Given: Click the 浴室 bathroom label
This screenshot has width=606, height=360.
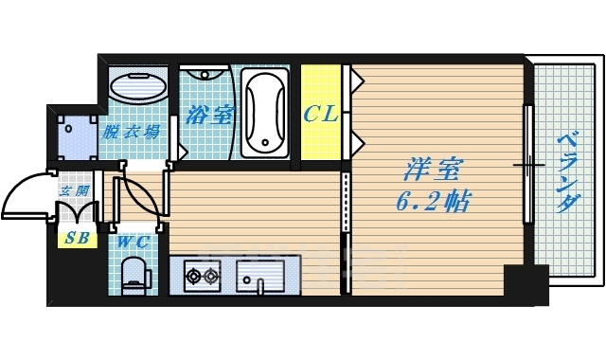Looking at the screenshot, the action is [210, 115].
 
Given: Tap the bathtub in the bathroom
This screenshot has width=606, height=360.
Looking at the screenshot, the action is [265, 113].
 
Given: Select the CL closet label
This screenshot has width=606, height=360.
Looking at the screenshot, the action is [321, 114].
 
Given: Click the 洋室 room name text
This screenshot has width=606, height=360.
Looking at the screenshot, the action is [432, 170].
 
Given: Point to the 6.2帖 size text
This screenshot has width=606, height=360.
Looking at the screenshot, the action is [433, 202].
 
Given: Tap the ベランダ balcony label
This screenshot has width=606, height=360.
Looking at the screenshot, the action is [568, 172].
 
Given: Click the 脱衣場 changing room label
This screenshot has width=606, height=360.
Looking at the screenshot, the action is [131, 132].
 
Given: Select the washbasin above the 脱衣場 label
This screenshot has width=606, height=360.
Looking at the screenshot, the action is [138, 86].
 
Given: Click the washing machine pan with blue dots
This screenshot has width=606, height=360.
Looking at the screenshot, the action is [77, 137].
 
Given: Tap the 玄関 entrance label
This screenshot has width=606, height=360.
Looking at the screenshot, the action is [74, 190].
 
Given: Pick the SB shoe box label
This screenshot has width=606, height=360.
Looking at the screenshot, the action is [78, 238].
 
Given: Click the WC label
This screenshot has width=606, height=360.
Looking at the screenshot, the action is [133, 243].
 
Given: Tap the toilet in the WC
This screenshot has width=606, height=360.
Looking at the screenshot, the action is [134, 277].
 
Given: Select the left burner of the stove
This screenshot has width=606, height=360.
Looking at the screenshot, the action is [193, 276].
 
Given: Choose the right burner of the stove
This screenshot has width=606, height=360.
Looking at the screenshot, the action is [210, 276].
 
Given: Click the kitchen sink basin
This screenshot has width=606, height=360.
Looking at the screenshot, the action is [260, 276].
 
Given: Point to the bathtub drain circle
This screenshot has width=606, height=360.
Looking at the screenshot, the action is [265, 142].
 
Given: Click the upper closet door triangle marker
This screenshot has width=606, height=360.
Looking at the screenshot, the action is [357, 81].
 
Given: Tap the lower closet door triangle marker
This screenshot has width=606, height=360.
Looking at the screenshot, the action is [357, 144].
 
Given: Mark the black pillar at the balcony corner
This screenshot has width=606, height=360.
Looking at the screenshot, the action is [526, 284].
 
